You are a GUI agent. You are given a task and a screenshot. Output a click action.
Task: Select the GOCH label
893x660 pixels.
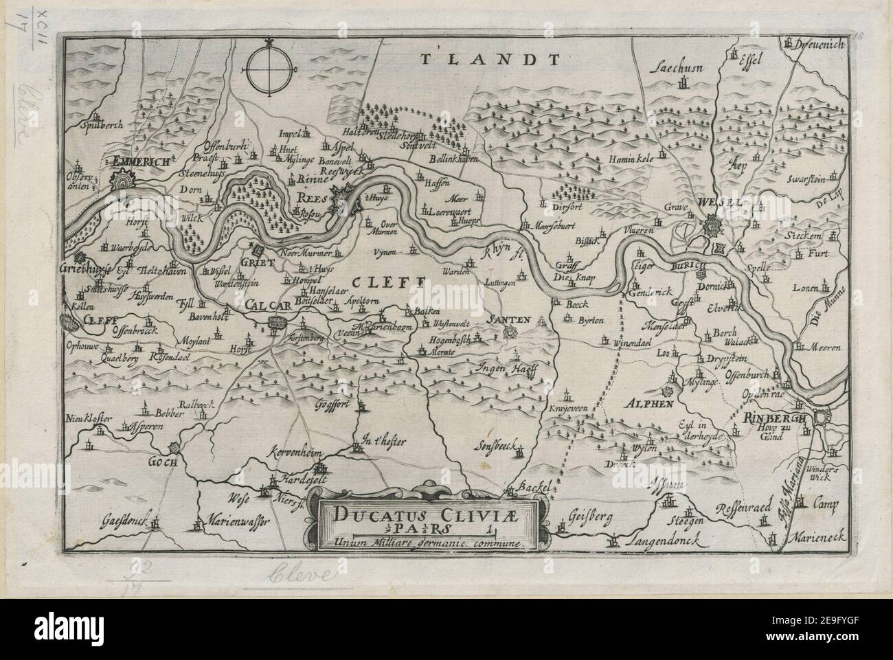tap(163, 463)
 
